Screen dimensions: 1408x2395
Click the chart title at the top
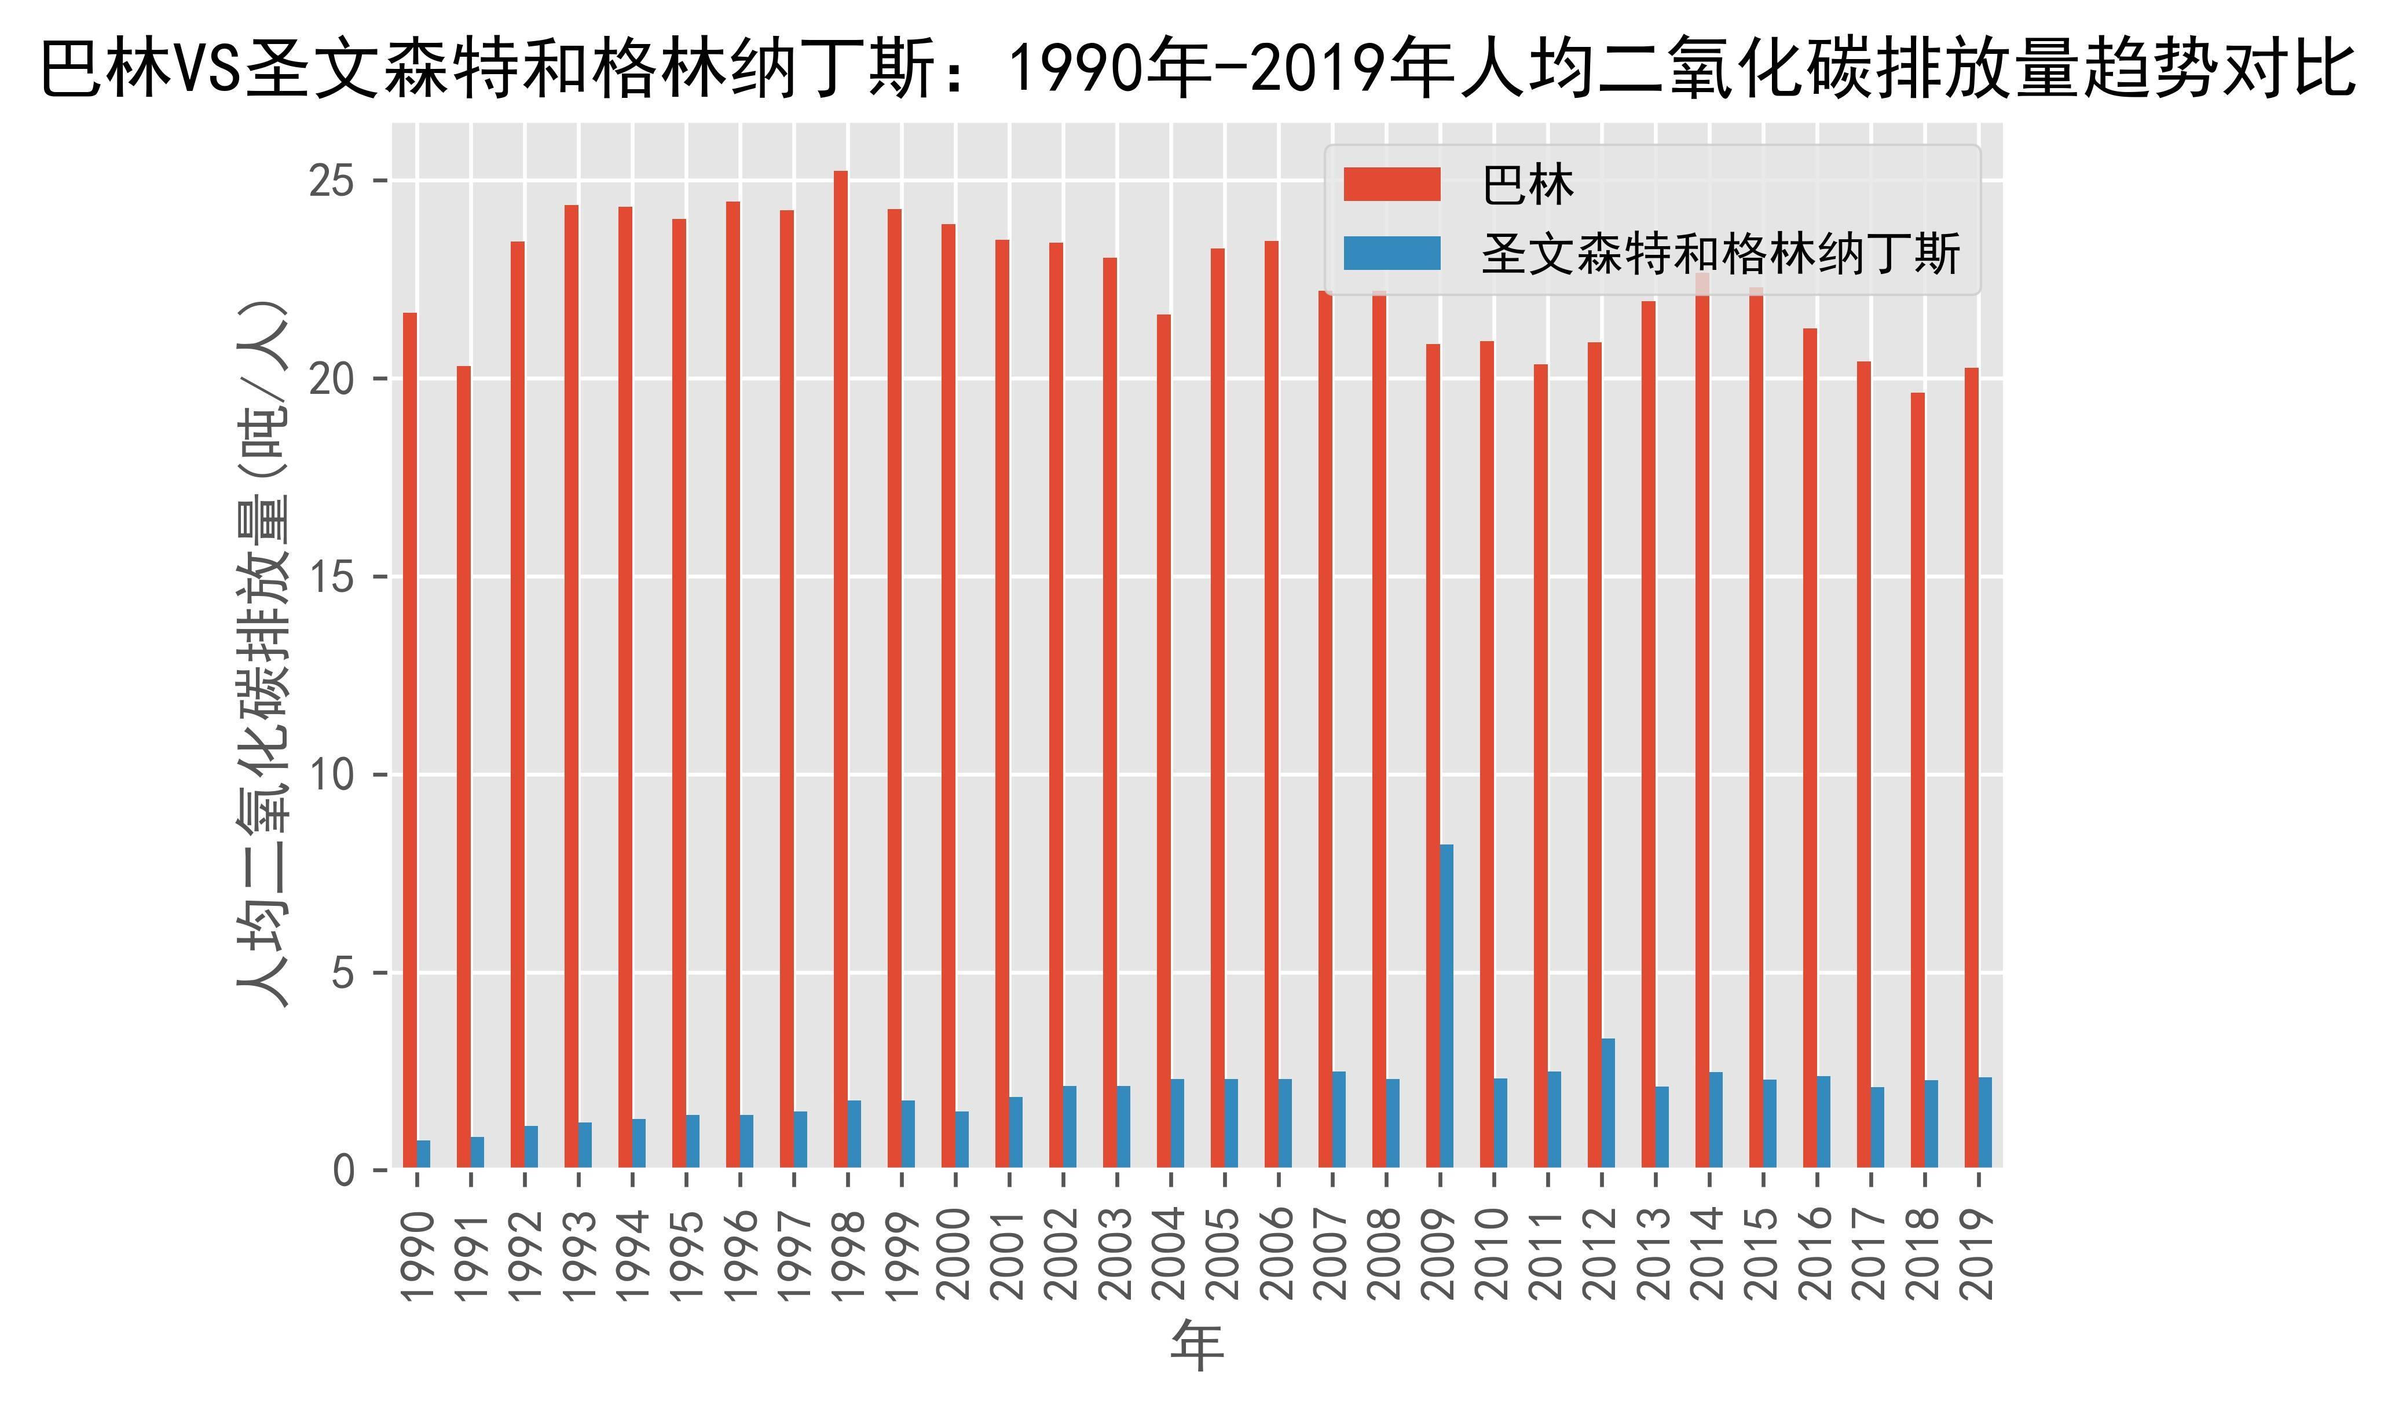(1197, 68)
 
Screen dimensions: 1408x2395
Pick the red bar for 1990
(409, 741)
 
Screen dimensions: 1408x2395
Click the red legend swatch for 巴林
(1391, 184)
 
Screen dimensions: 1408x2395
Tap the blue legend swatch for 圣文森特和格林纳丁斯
(1391, 253)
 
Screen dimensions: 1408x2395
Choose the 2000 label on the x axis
(954, 1255)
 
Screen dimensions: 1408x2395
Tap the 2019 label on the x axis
(1977, 1255)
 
